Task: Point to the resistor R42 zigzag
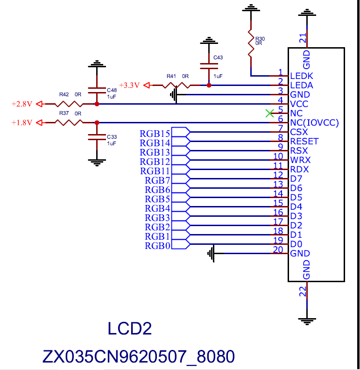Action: tap(69, 104)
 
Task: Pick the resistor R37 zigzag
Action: tap(69, 122)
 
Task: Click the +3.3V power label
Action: tap(129, 85)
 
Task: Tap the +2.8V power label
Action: tap(21, 104)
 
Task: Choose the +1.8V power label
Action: tap(21, 122)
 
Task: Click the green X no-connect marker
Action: tap(269, 113)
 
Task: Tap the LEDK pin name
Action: tap(302, 76)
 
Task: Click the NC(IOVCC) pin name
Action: tap(314, 123)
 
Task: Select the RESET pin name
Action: tap(304, 142)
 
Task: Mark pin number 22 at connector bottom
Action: tap(303, 292)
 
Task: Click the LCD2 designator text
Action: tap(130, 329)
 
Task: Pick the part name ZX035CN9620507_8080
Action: tap(139, 357)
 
